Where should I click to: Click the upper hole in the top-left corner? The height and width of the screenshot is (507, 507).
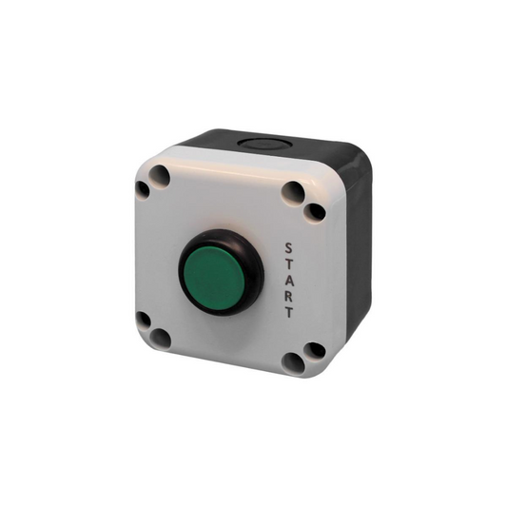(160, 175)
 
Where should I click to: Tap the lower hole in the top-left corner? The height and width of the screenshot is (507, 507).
(143, 189)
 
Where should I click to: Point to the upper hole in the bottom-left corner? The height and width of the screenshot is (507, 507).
(143, 320)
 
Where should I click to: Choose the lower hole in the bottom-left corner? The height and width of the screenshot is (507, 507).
(161, 338)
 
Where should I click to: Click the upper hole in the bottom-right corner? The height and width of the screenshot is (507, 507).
(314, 350)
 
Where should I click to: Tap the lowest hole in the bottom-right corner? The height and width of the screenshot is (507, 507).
(294, 362)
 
